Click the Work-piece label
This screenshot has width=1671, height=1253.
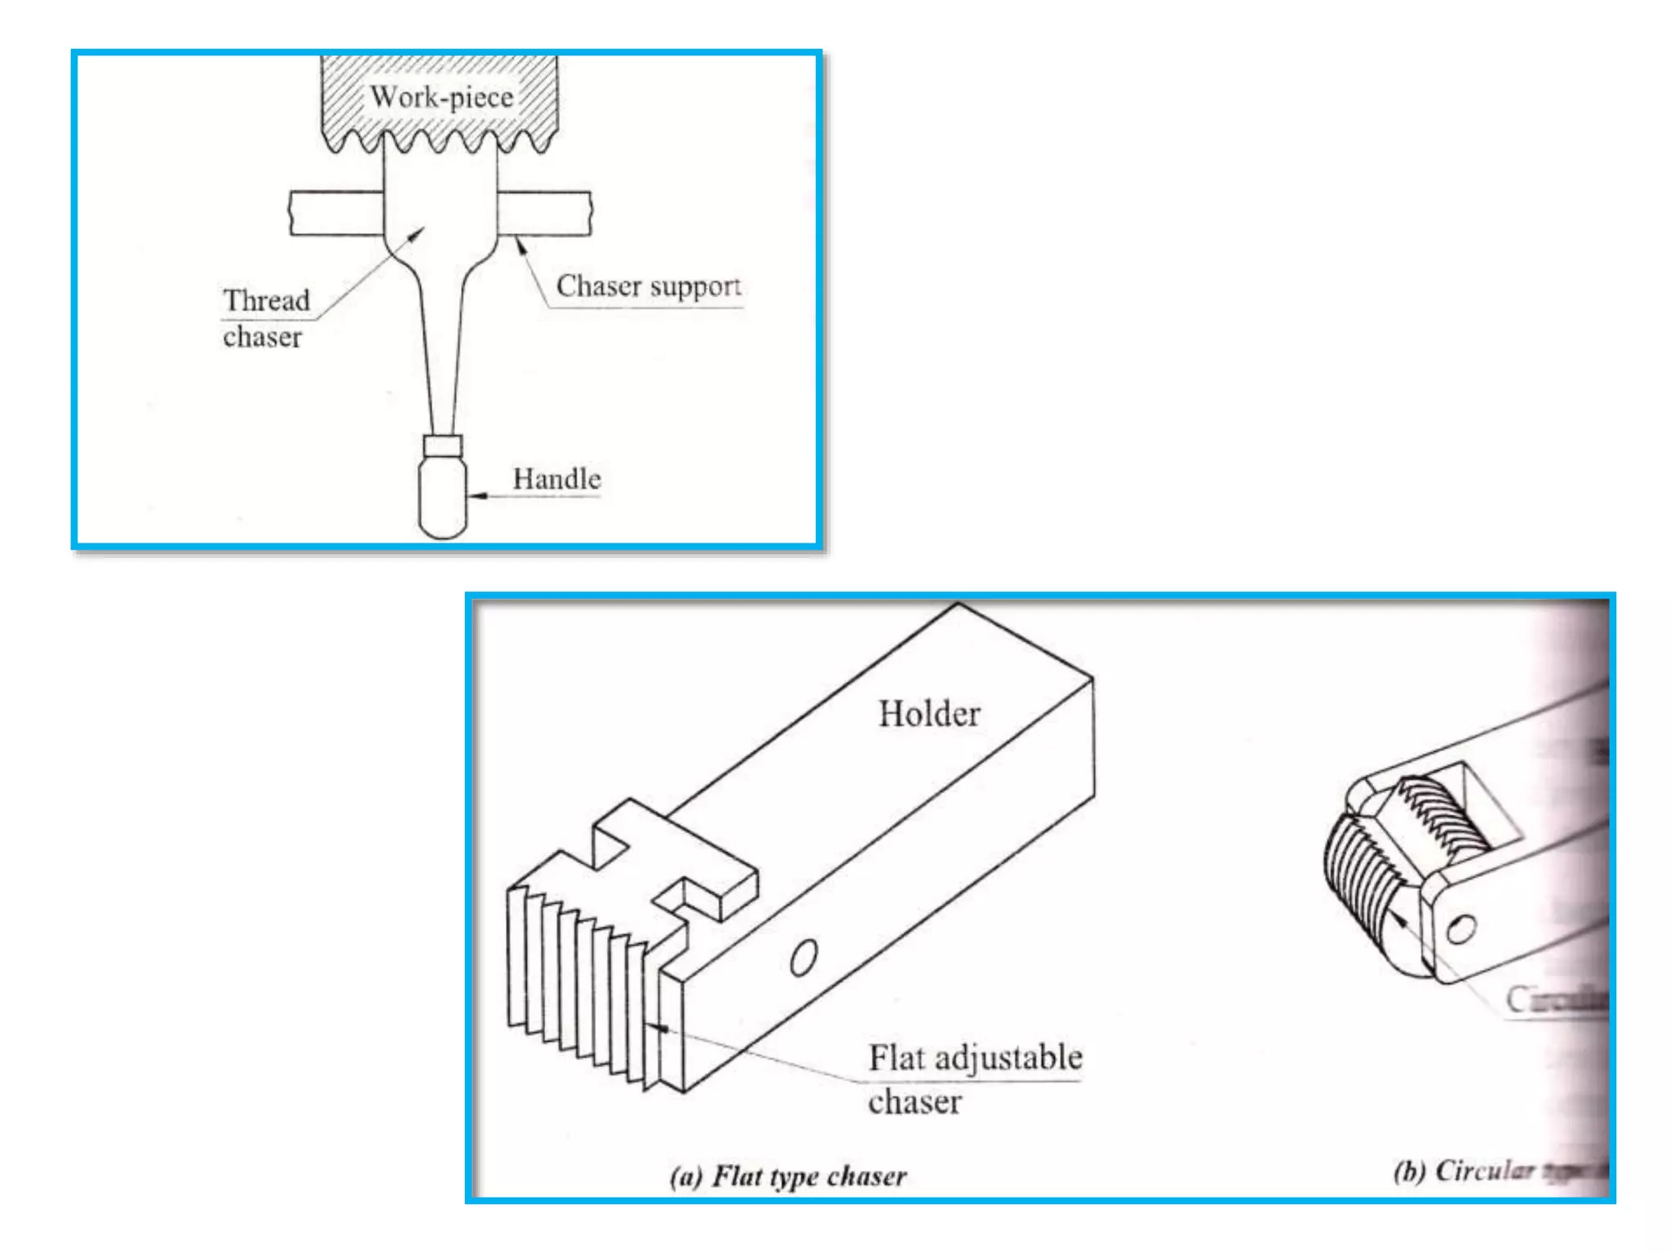click(x=441, y=97)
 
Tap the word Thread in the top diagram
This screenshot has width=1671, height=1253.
click(x=267, y=300)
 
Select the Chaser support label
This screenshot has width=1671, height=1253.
click(x=649, y=286)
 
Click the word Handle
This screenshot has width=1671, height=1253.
click(x=556, y=479)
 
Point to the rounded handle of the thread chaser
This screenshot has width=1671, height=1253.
click(x=442, y=498)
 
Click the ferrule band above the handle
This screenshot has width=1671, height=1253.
click(x=443, y=445)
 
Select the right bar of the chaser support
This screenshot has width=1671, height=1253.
click(x=543, y=213)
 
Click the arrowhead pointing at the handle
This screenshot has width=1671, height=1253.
click(x=478, y=495)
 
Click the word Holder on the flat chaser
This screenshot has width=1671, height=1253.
click(x=929, y=714)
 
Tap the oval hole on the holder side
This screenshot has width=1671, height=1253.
click(x=804, y=957)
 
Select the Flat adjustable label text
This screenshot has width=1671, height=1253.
click(x=975, y=1058)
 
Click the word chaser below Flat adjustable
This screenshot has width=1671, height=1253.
click(x=915, y=1102)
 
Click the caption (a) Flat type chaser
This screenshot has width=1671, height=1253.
click(x=788, y=1176)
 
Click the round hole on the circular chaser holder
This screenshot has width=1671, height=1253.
click(x=1460, y=929)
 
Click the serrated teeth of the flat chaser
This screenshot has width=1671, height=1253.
click(x=571, y=979)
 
